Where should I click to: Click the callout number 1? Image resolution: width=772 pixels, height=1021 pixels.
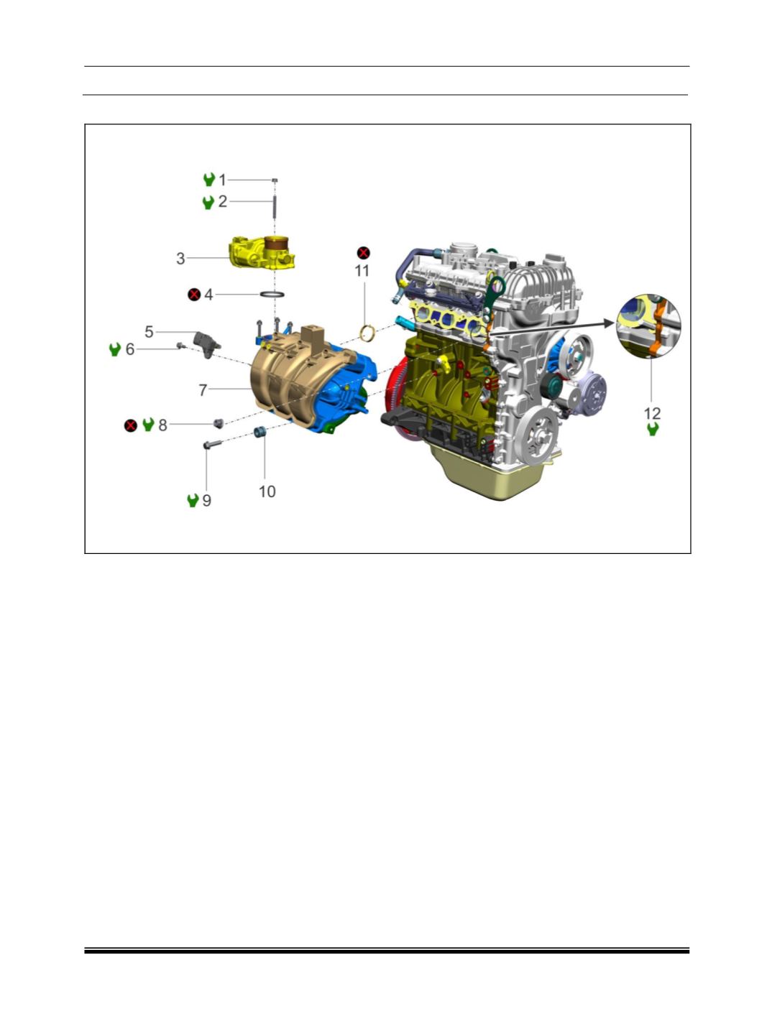click(222, 180)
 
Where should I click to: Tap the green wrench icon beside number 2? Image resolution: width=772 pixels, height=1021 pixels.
click(208, 203)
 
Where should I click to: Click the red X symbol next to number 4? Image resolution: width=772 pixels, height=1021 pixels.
click(194, 295)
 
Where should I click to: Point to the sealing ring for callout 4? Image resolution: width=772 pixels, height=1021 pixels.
click(272, 295)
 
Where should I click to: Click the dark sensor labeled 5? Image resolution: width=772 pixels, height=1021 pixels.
click(206, 344)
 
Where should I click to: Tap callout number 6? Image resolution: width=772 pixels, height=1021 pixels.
click(130, 349)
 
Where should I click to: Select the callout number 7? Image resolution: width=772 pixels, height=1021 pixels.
click(203, 390)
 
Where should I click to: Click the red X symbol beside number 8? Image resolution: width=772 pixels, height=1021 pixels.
click(131, 425)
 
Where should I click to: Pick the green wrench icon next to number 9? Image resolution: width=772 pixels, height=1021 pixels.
click(193, 501)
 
